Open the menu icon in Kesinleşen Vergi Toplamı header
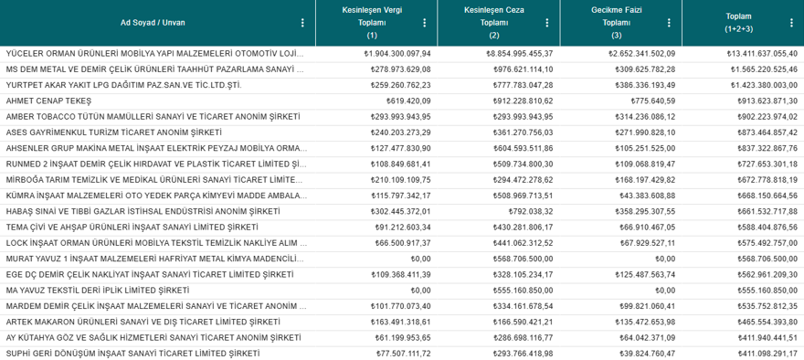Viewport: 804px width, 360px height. [424, 23]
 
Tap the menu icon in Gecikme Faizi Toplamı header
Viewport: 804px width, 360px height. [670, 23]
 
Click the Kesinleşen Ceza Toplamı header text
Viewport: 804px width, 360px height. [494, 16]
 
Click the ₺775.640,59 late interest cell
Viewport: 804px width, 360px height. [651, 101]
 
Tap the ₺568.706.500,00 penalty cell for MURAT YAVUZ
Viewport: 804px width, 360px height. [521, 259]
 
